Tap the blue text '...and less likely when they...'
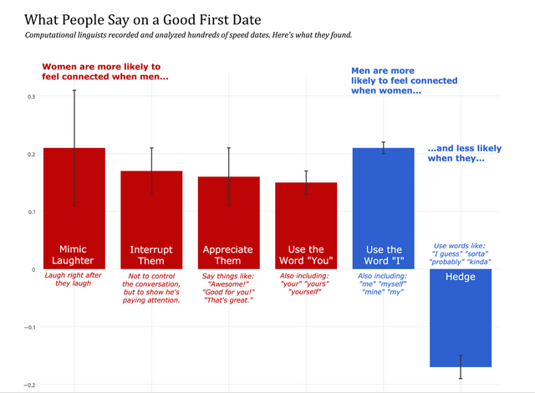tap(465, 153)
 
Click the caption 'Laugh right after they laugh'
tap(74, 278)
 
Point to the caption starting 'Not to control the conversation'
tap(151, 288)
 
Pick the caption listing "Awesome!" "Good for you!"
tap(229, 288)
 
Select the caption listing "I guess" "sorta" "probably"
tap(461, 253)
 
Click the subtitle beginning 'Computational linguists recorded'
tap(188, 35)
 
